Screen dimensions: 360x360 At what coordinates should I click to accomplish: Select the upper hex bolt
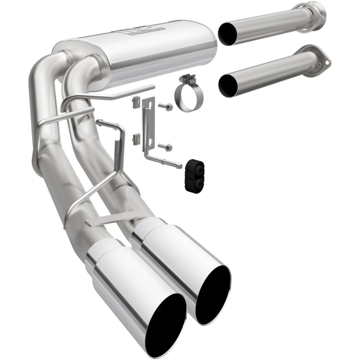[x=165, y=107]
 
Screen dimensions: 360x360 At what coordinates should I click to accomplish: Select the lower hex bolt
[x=165, y=146]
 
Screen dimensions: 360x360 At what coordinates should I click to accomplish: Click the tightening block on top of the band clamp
[x=184, y=80]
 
